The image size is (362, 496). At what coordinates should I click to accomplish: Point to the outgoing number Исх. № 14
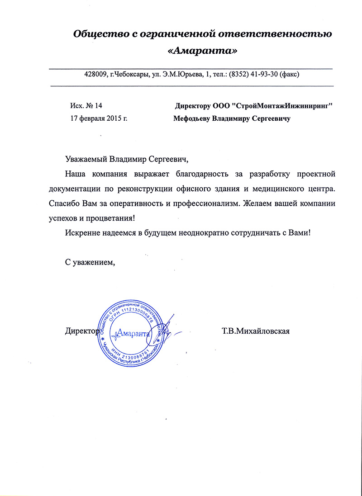click(x=86, y=106)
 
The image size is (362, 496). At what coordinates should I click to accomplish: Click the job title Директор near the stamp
click(x=81, y=331)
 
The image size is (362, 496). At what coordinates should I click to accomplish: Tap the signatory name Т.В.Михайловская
click(x=255, y=331)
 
